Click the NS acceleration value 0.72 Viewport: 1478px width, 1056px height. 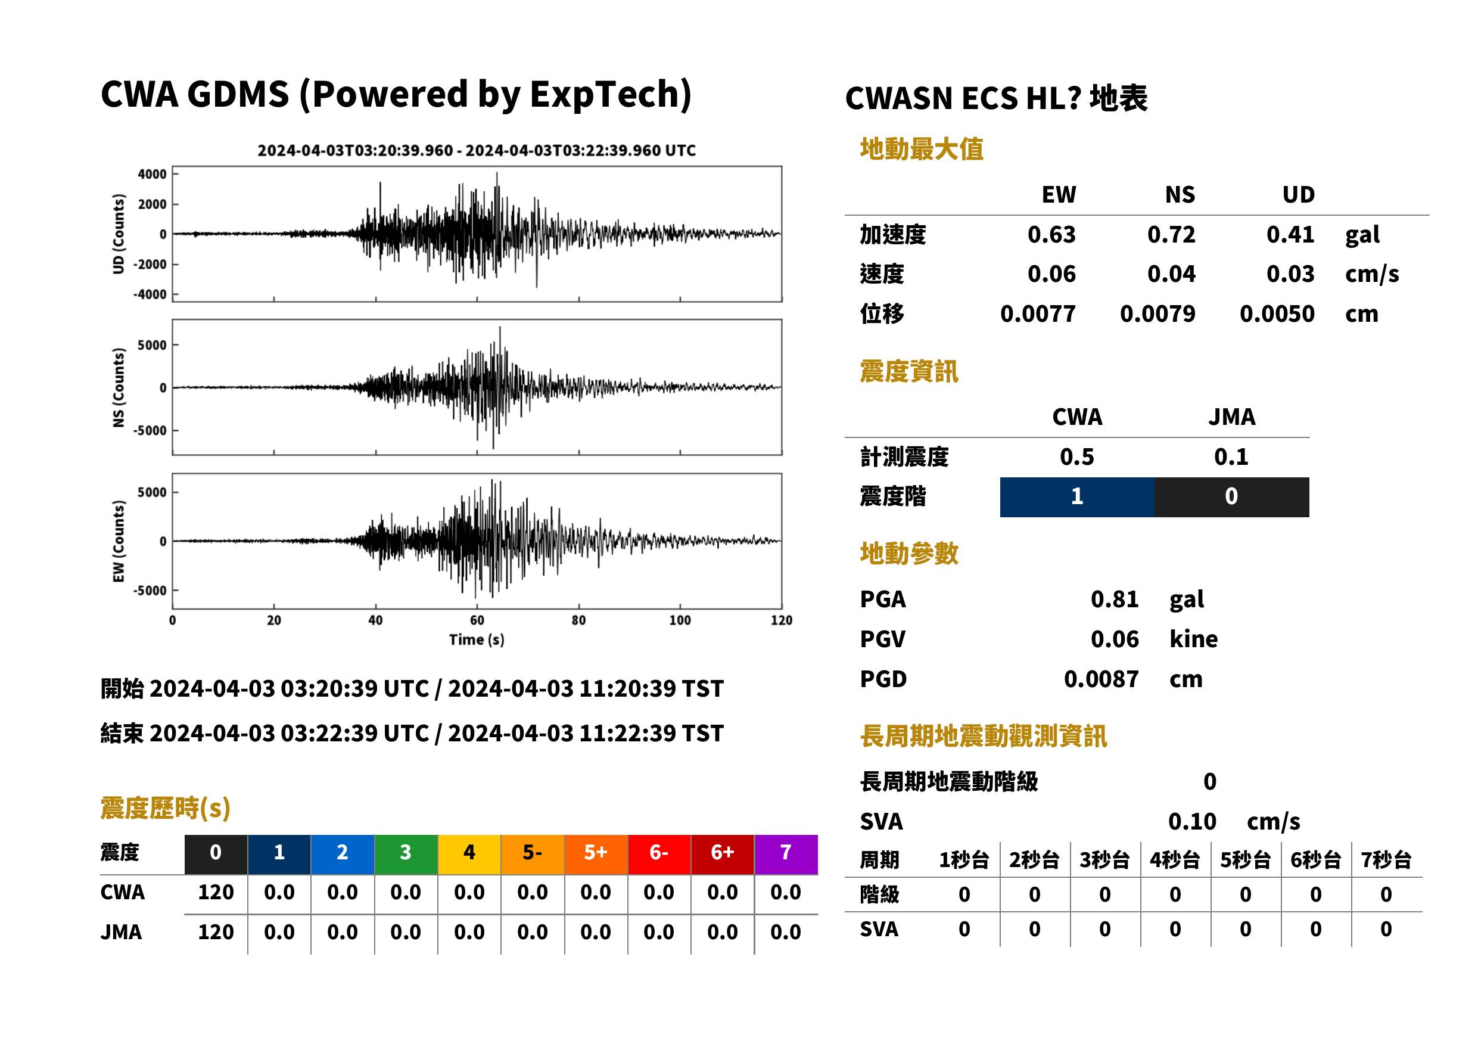[x=1171, y=234]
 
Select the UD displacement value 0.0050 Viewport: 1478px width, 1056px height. [x=1277, y=313]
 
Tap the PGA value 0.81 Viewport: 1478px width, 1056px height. [x=1114, y=599]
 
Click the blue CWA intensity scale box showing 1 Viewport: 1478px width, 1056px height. [x=1076, y=497]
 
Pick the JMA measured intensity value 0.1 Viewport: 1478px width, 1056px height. [x=1231, y=456]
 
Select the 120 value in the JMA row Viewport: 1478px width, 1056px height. [x=215, y=932]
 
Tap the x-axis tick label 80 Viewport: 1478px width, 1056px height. [x=578, y=620]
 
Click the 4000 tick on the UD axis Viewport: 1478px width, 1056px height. [x=152, y=174]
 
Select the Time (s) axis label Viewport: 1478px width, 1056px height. [x=477, y=640]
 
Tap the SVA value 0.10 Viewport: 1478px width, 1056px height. [x=1191, y=821]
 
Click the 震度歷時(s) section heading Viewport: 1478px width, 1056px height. [x=165, y=808]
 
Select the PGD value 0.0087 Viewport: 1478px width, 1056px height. [x=1101, y=679]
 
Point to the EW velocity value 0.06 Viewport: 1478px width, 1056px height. [x=1051, y=274]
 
